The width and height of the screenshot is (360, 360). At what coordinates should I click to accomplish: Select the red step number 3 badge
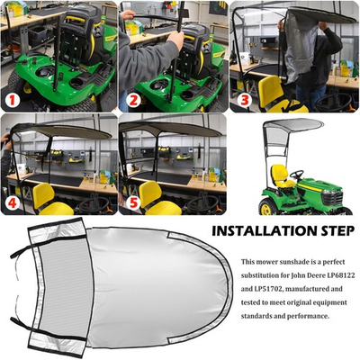tap(245, 99)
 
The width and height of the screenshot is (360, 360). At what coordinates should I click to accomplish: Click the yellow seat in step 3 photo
tap(267, 90)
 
